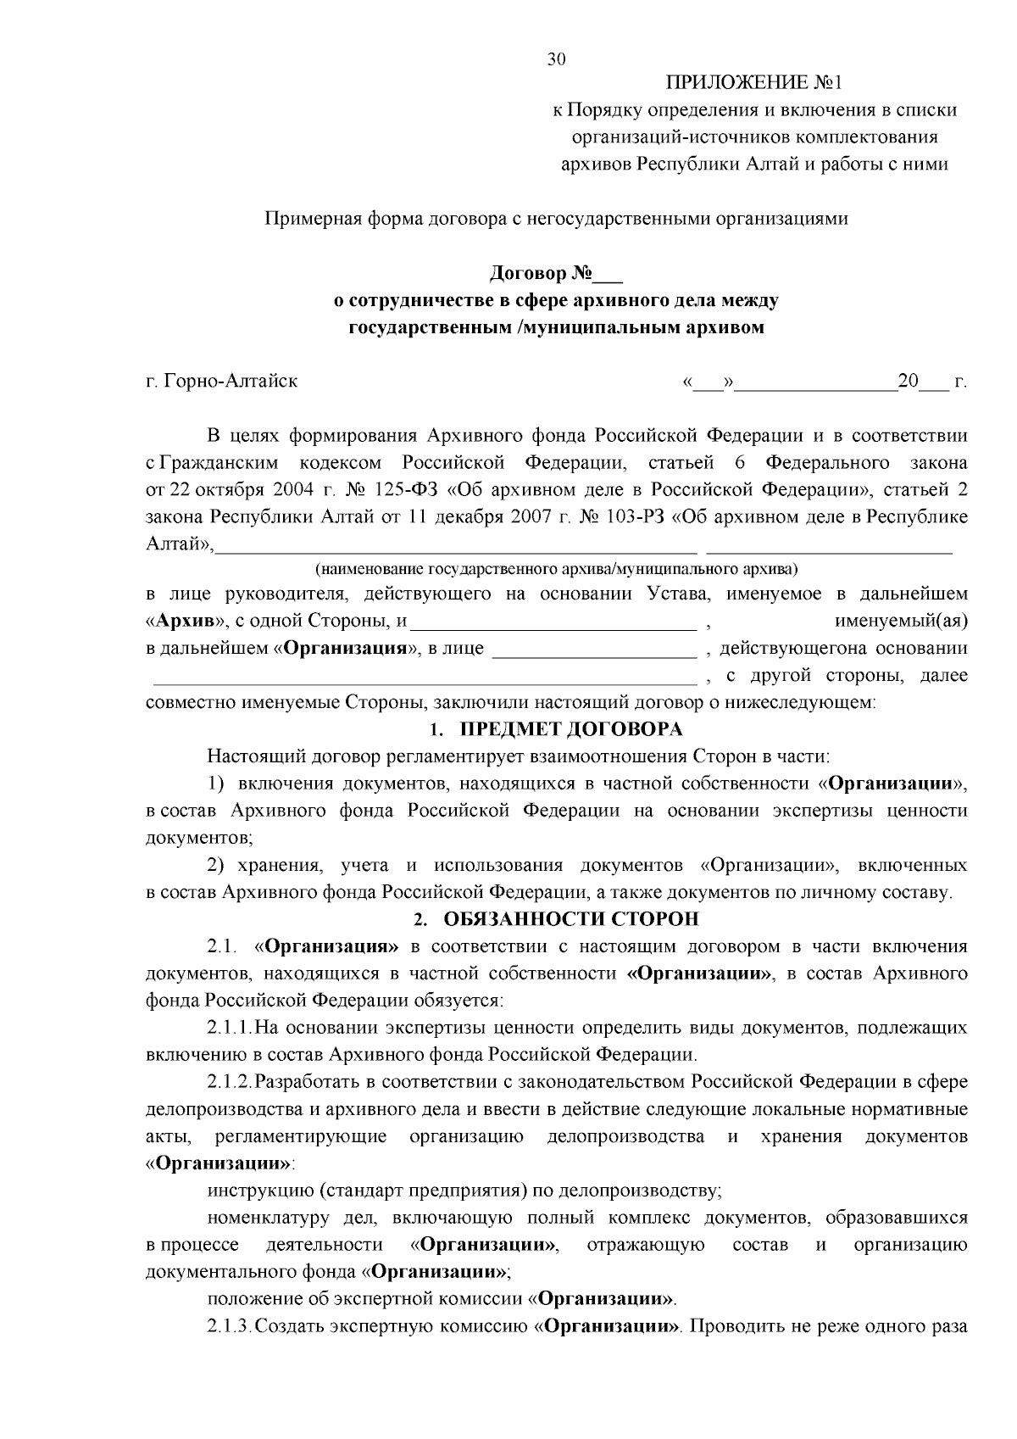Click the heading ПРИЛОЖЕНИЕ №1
tap(755, 82)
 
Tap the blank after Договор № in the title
tap(608, 274)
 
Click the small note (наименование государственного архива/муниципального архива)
tap(556, 566)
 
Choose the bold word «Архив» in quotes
tap(184, 622)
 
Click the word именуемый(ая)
tap(901, 622)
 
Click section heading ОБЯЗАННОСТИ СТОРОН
tap(571, 919)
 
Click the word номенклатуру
tap(269, 1218)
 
